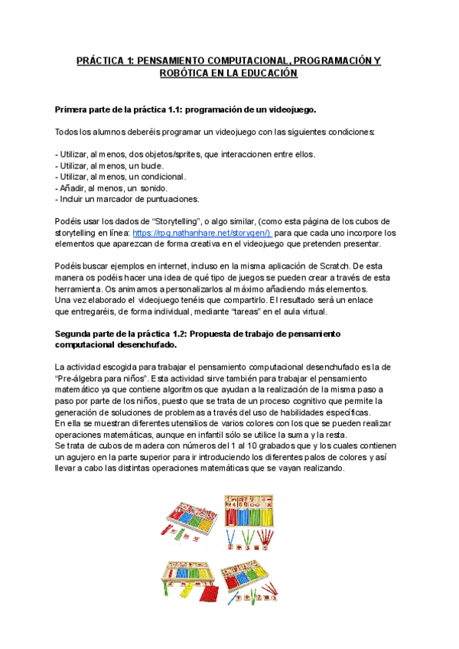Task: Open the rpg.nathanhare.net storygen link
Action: [x=201, y=233]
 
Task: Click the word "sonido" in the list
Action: [x=151, y=188]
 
